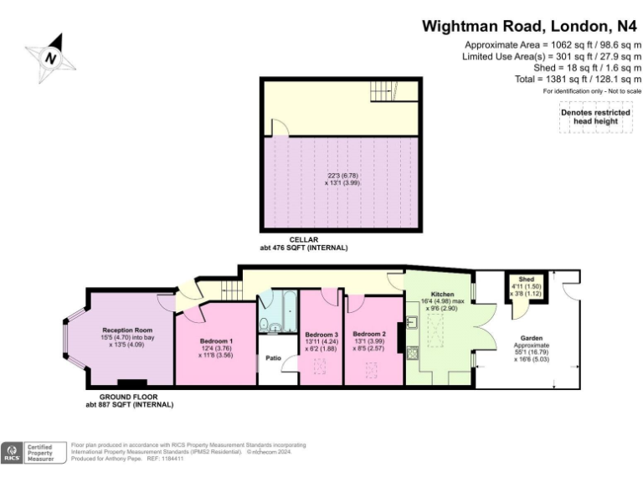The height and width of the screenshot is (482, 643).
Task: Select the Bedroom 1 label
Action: coord(216,341)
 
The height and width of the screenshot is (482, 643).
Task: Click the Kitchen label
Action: coord(442,295)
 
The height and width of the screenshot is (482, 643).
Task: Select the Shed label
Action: coord(526,279)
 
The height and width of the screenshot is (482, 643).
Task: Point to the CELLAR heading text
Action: coord(303,240)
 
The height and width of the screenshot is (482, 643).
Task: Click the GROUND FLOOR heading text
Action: coord(129,397)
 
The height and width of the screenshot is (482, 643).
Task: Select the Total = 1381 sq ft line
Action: coord(577,79)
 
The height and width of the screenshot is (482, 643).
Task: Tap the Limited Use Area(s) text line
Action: coord(552,56)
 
